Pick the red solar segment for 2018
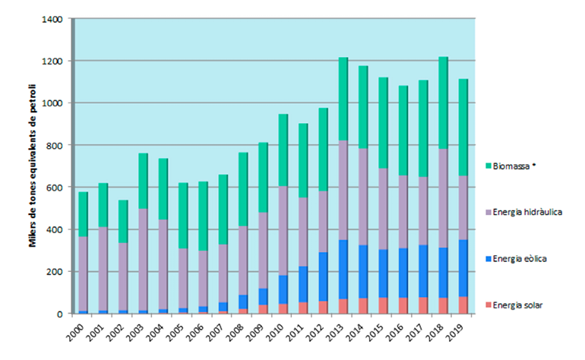(x=444, y=305)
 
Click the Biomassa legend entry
(x=508, y=165)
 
